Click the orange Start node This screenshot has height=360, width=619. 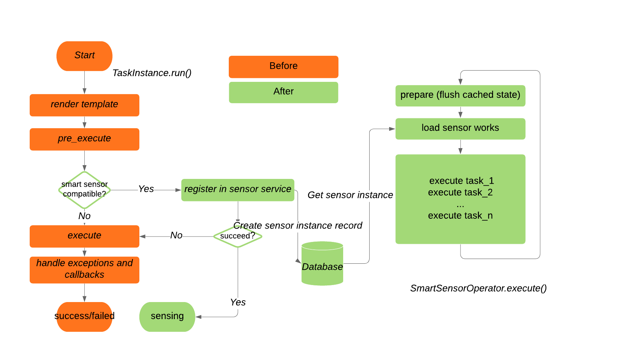tap(84, 56)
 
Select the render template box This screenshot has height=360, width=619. tap(84, 105)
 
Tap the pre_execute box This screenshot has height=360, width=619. tap(84, 139)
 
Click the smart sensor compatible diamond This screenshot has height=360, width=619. tap(84, 189)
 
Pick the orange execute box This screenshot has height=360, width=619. tap(84, 236)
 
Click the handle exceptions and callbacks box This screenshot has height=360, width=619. tap(84, 269)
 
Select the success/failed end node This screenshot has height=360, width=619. tap(84, 316)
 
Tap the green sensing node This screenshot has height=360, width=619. tap(167, 316)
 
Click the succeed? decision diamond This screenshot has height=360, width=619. tap(237, 236)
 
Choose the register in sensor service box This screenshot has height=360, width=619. tap(237, 189)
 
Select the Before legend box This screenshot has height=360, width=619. tap(283, 66)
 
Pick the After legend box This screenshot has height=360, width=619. tap(283, 92)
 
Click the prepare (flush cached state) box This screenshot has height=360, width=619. tap(460, 95)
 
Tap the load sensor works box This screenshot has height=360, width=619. tap(460, 128)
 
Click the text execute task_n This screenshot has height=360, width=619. tap(460, 216)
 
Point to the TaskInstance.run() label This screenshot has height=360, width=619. tap(152, 73)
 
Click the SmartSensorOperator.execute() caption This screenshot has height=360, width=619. tap(478, 288)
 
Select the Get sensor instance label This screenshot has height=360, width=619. tap(350, 195)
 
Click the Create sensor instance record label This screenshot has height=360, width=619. tap(298, 226)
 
